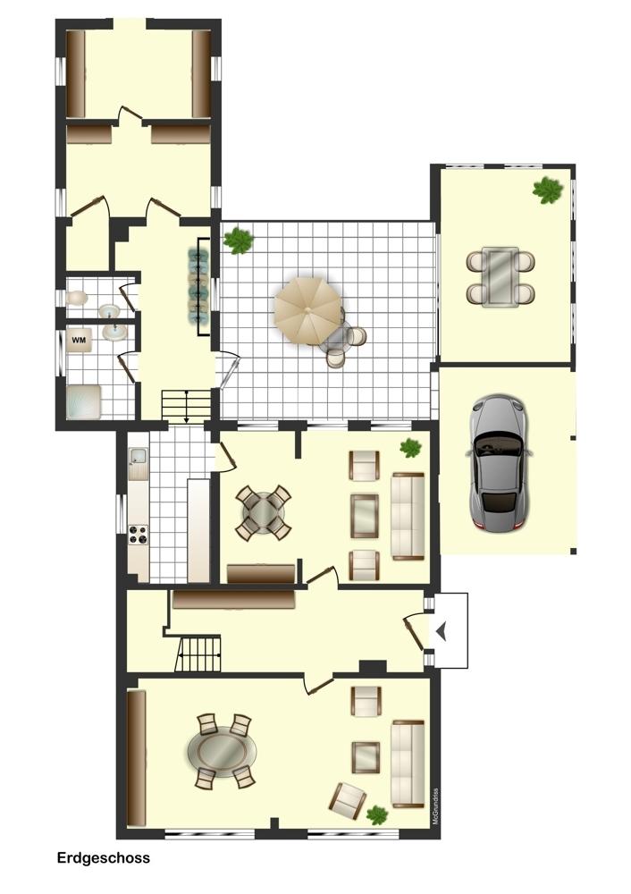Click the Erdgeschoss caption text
(103, 858)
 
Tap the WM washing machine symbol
(79, 341)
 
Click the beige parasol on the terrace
(307, 311)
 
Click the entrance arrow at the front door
(442, 631)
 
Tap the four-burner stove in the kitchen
(139, 535)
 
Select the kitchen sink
(138, 457)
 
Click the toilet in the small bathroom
(76, 298)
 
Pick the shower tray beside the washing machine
(84, 402)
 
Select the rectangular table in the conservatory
(501, 277)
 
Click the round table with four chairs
(263, 512)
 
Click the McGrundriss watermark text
(435, 806)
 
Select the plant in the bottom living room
(377, 814)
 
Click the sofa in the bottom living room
(408, 764)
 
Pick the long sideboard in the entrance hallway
(233, 600)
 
